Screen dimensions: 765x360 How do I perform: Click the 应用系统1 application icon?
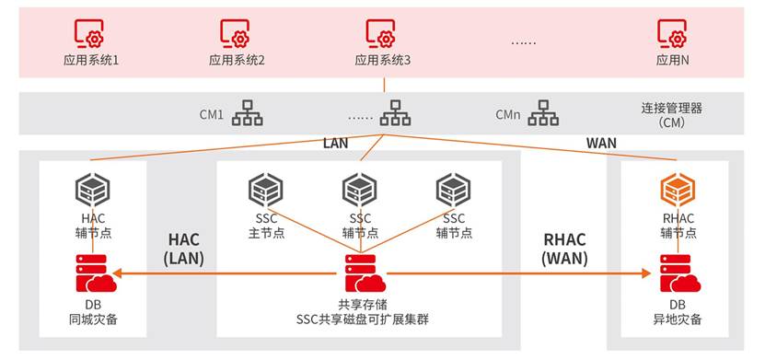pos(88,33)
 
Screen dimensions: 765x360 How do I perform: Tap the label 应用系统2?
pos(237,61)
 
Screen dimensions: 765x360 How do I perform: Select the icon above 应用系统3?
pos(380,33)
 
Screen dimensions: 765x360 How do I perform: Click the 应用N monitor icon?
pos(672,33)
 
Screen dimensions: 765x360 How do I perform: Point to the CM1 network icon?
pos(247,112)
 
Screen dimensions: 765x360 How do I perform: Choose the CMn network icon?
pos(543,112)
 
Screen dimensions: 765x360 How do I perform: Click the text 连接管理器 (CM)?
pos(671,115)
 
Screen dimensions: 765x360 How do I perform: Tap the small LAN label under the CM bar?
pos(336,144)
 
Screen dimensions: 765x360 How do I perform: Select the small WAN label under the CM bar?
pos(601,144)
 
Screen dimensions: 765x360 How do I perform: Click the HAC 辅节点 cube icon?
pos(93,191)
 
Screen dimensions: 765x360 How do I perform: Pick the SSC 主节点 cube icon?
pos(266,191)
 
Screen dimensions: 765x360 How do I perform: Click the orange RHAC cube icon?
pos(678,191)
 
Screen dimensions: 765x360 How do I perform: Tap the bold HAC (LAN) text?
pos(184,249)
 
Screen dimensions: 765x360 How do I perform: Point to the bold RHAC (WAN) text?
pos(564,249)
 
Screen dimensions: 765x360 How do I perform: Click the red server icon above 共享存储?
pos(365,273)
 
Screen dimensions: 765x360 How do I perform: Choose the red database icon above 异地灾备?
pos(680,273)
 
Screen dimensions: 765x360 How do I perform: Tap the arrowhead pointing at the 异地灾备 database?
pos(646,273)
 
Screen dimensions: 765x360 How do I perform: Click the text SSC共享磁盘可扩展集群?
pos(363,320)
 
